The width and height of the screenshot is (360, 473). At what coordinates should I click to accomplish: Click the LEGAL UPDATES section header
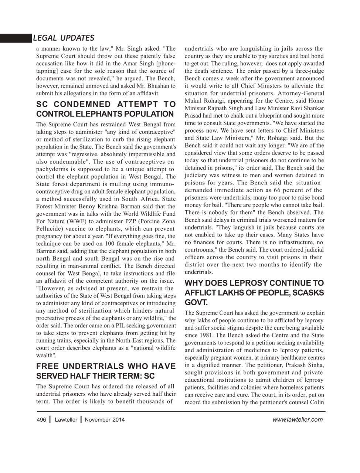point(63,38)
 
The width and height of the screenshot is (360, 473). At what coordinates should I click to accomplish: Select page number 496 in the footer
point(41,419)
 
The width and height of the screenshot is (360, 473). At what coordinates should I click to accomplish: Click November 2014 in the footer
point(105,419)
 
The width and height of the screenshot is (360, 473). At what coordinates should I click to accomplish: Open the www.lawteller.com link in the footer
point(297,419)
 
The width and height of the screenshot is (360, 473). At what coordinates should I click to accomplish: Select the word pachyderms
point(52,169)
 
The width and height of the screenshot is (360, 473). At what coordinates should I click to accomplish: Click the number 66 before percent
point(277,190)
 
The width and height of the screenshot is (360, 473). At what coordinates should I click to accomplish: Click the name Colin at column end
point(317,402)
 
